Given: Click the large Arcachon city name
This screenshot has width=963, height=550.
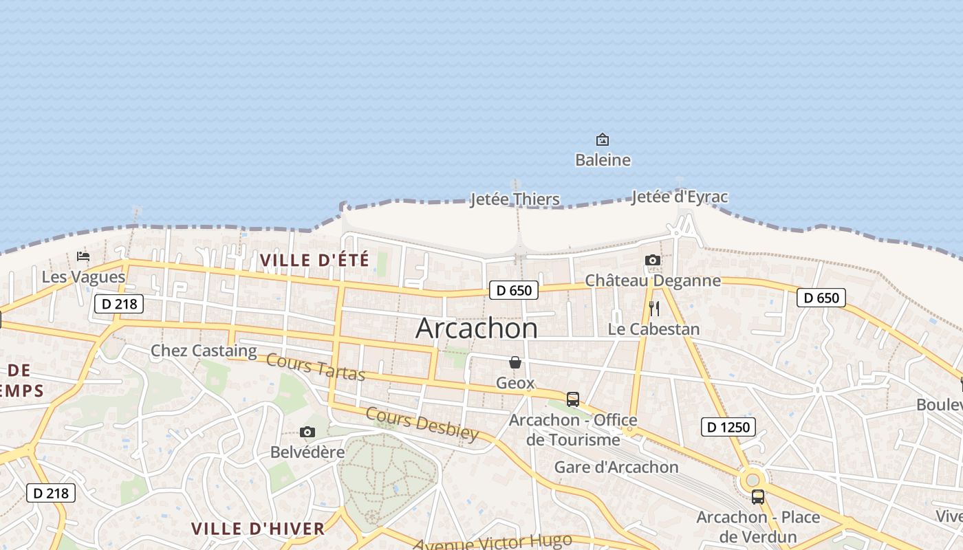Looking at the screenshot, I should (477, 328).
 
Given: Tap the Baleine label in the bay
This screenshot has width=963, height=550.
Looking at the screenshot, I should (603, 160).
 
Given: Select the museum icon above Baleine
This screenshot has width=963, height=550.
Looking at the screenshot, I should (603, 140).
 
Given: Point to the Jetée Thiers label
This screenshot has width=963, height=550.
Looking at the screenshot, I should (515, 199).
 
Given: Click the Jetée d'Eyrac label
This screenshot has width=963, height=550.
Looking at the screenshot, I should (679, 197).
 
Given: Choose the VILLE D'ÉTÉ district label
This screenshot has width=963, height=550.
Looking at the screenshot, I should (314, 260).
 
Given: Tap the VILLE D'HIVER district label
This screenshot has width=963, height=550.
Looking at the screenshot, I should (257, 529).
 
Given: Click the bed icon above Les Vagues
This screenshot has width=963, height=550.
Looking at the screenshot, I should (83, 256).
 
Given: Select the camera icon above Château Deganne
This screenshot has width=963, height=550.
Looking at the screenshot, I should (653, 260).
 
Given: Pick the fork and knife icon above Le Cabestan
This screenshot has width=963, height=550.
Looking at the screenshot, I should (654, 309).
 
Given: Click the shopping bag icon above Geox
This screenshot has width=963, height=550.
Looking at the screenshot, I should (515, 362).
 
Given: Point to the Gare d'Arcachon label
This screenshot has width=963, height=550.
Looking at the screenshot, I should (616, 467).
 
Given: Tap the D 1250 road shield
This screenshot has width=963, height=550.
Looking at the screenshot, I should (728, 427).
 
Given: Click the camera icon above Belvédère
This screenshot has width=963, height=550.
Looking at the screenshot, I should (307, 432).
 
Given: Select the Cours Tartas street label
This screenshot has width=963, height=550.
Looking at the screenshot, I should (315, 366).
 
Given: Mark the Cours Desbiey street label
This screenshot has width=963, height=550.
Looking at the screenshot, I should (422, 423).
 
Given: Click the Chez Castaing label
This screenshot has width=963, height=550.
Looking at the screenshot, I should (204, 351).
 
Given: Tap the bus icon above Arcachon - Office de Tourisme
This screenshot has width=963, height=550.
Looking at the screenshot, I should (572, 399).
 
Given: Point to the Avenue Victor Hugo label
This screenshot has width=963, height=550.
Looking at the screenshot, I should (492, 542).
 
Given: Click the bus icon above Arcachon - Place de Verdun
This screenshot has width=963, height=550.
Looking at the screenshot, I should (758, 496).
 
